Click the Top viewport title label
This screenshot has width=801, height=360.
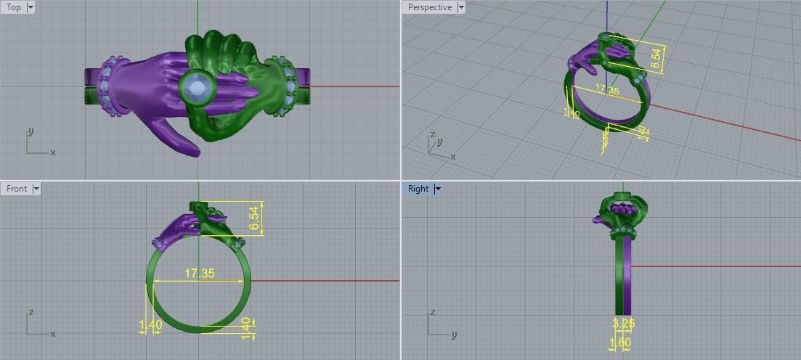coord(14,7)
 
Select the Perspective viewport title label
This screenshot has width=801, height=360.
coord(429,7)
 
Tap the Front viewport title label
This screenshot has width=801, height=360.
coord(17,189)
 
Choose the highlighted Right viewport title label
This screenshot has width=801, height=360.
coord(418,189)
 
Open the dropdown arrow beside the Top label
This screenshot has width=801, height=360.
coord(31,7)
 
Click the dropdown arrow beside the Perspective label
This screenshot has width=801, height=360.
coord(461,7)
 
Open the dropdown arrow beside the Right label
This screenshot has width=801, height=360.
coord(438,189)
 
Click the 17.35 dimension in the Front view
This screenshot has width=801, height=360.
coord(199,274)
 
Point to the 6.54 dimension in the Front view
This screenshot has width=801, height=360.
coord(253,217)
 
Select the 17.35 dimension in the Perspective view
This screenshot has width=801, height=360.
coord(606,91)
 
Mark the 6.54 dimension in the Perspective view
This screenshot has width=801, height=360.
coord(656,60)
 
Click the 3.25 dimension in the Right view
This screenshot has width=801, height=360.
coord(622,323)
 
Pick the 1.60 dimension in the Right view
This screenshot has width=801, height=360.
coord(620,343)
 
